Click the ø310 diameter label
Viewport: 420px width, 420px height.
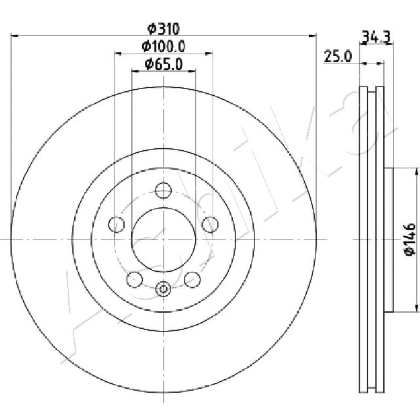[x=163, y=29]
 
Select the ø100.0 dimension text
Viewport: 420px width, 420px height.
[x=163, y=47]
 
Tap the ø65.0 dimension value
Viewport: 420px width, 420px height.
[x=163, y=64]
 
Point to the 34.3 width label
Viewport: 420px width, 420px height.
[x=375, y=37]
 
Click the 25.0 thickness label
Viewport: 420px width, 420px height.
[x=337, y=57]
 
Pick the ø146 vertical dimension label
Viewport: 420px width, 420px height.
[x=410, y=239]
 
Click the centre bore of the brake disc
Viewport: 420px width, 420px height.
[x=163, y=239]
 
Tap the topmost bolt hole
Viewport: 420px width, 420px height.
[x=163, y=191]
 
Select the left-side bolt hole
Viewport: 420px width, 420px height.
[x=117, y=225]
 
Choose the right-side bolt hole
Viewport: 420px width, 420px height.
[x=211, y=225]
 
